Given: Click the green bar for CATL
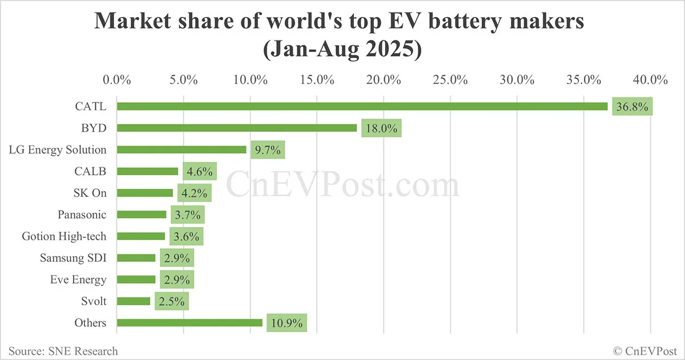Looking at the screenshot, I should (362, 106).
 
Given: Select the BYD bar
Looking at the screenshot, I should (237, 128).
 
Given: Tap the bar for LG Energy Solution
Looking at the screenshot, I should (182, 149).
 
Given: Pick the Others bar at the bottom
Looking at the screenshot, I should (190, 323).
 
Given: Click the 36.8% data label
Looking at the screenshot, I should (632, 107).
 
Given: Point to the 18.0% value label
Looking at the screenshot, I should (381, 128).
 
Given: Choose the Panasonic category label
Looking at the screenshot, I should (82, 215).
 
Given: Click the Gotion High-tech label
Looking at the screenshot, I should (64, 236).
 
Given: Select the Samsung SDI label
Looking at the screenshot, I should (73, 258).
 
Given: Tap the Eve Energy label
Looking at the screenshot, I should (78, 280).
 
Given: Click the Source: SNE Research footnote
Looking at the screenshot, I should (63, 351).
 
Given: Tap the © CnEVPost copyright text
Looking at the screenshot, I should (645, 351).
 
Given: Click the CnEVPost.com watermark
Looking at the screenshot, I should (342, 185).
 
